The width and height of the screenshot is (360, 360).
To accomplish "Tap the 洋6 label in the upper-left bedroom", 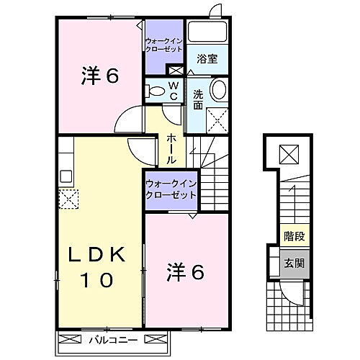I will click(98, 75).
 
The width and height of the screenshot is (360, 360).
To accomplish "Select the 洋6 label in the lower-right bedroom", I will click(186, 272).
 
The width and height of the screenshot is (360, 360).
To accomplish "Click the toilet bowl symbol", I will click(154, 91).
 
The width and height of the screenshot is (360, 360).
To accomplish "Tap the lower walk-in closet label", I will click(171, 189).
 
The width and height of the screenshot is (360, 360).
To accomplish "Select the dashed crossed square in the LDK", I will click(68, 198).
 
